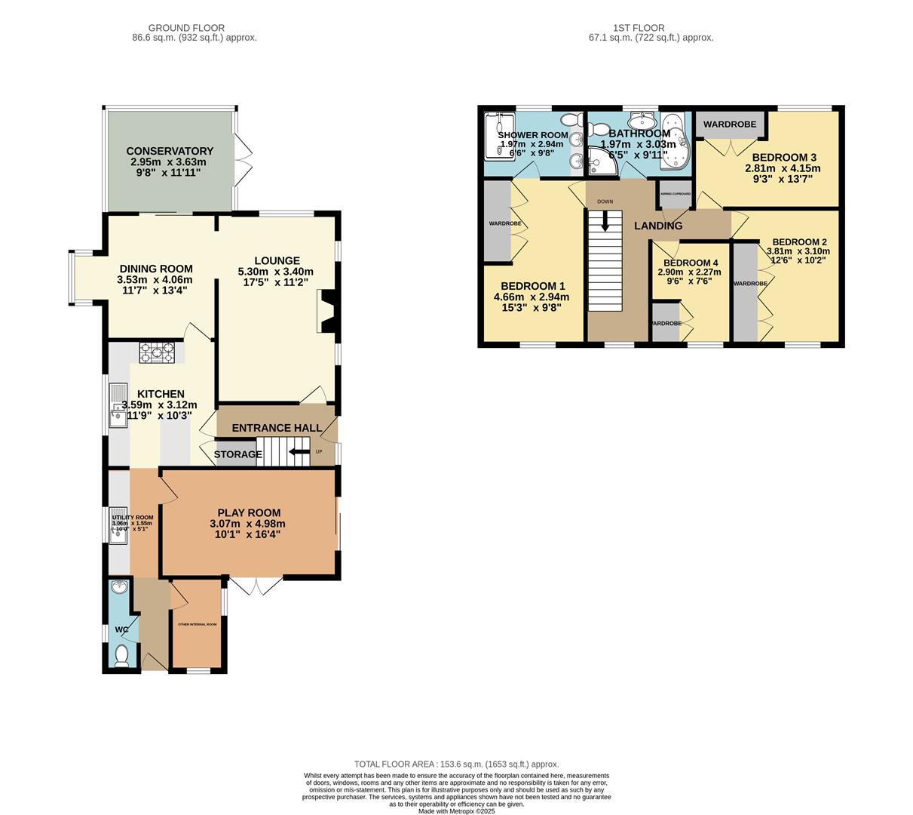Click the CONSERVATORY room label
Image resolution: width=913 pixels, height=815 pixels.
click(x=170, y=151)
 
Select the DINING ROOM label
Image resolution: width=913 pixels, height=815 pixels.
click(x=156, y=269)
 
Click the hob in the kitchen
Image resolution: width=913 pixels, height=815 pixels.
click(x=157, y=352)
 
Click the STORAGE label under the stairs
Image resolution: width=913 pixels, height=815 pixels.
click(x=237, y=454)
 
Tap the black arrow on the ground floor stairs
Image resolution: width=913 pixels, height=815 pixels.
click(x=300, y=453)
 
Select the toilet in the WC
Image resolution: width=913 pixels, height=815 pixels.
click(x=122, y=655)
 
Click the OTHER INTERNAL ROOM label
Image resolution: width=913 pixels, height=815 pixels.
click(x=197, y=625)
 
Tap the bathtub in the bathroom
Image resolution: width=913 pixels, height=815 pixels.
click(x=676, y=141)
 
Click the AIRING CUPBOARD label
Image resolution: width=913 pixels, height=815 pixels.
click(x=676, y=194)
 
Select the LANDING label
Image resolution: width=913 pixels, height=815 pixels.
click(x=658, y=226)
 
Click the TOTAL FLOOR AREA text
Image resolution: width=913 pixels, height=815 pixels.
click(x=456, y=764)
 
